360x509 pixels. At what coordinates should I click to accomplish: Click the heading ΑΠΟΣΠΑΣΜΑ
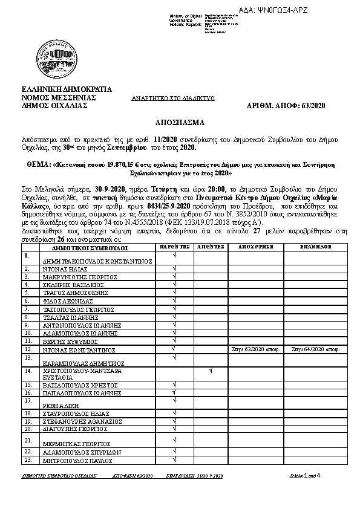pos(179,122)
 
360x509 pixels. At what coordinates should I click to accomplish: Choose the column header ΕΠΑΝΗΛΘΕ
pos(313,247)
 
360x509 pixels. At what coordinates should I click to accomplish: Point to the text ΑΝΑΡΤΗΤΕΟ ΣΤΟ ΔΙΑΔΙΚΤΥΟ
pos(173,98)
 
